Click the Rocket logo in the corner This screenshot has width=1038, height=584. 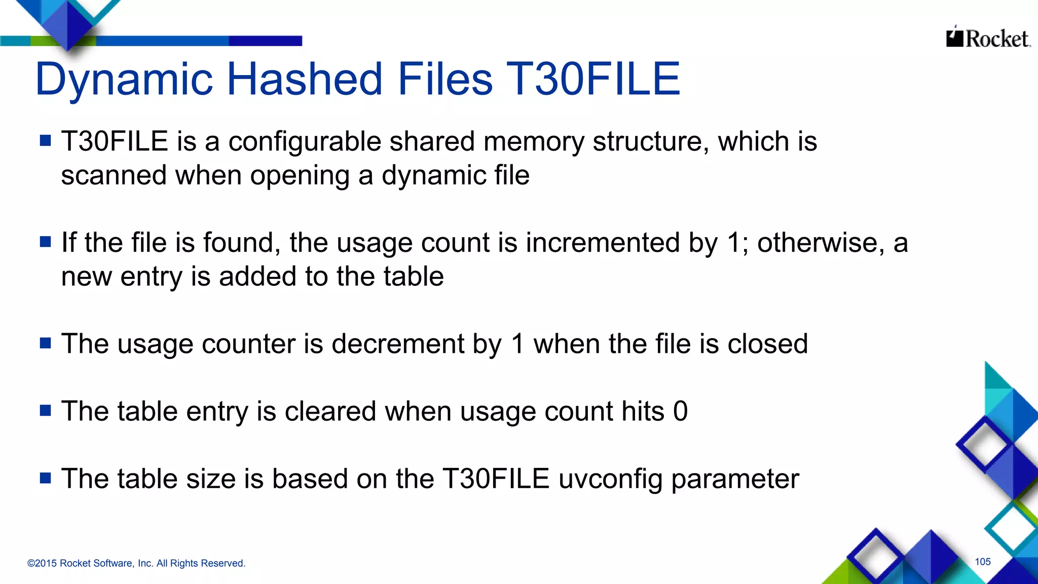[x=987, y=39]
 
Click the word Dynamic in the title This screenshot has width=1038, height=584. [x=124, y=80]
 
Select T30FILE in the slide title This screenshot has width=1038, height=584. [x=592, y=79]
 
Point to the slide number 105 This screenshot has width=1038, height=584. [x=982, y=562]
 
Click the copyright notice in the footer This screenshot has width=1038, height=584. [x=136, y=563]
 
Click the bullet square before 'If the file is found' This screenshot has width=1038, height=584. [x=46, y=241]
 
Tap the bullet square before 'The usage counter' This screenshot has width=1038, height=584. [x=46, y=343]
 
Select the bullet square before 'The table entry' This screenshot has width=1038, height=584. [x=46, y=410]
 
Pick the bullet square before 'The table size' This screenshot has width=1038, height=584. [x=46, y=478]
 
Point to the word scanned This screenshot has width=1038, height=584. [x=114, y=176]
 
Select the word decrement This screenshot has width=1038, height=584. [x=398, y=344]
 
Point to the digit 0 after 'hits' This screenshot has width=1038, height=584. [x=680, y=411]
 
